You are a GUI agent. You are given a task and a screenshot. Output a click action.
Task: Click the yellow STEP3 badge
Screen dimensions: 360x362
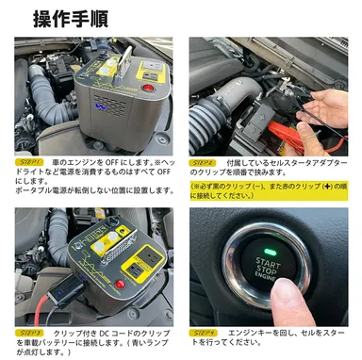[30, 334]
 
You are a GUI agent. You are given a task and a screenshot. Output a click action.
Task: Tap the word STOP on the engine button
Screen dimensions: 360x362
[268, 267]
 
